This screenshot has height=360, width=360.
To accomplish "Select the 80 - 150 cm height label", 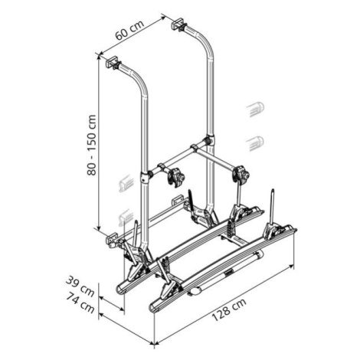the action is [x=91, y=145].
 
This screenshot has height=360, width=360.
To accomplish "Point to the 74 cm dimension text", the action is [x=80, y=303].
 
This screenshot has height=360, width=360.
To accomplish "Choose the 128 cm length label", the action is [x=229, y=309].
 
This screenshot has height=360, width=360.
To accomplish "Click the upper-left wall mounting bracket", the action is [x=113, y=62].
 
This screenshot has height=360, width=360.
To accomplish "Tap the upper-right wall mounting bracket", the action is [x=179, y=25].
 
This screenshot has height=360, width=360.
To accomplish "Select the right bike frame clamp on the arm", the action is [x=241, y=174].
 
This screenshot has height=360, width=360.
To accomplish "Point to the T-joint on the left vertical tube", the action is [x=145, y=177].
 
